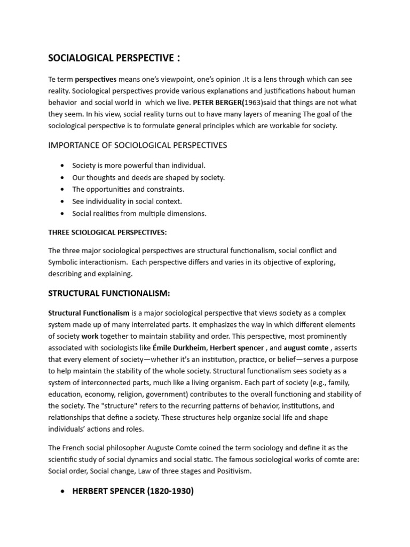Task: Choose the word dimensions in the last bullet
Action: (x=188, y=213)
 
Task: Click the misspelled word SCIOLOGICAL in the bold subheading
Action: (x=93, y=232)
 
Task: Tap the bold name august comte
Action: (x=306, y=348)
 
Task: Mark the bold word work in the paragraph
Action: (x=90, y=336)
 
